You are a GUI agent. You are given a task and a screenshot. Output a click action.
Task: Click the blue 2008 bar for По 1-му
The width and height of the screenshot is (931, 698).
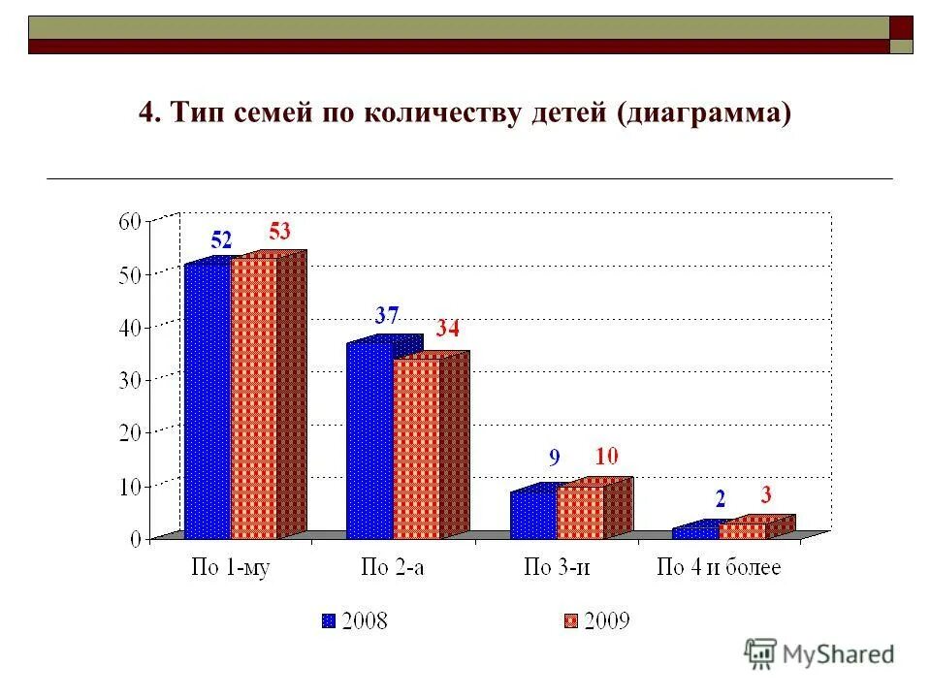tap(208, 400)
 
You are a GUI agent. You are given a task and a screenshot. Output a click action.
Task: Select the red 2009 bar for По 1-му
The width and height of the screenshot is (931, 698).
tap(254, 397)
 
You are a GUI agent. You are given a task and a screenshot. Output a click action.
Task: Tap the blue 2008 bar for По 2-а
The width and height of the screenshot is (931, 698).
tap(369, 441)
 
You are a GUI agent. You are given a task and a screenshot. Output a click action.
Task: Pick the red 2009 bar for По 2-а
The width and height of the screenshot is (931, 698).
tap(416, 449)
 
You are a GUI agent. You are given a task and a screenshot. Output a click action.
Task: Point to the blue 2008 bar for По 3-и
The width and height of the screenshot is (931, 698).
tap(533, 515)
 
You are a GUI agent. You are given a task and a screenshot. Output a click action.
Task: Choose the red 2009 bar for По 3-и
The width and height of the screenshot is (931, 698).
tap(580, 512)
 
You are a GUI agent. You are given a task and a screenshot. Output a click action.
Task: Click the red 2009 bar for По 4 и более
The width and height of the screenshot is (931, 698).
tap(743, 530)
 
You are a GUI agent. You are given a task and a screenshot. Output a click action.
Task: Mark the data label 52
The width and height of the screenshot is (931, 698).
tap(221, 240)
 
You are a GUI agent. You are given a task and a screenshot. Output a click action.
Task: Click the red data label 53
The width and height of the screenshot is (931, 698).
tap(279, 232)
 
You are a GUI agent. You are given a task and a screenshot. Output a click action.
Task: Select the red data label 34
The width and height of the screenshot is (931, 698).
tap(446, 329)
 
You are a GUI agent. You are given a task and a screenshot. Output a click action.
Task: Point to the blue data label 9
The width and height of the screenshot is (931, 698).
tap(555, 457)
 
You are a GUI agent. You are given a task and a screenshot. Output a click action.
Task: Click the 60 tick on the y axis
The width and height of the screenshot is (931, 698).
tap(130, 222)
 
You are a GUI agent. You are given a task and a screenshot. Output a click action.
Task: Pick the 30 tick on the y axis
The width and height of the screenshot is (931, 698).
tap(130, 380)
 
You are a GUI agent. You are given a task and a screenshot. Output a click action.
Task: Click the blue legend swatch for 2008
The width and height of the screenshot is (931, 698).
tap(328, 620)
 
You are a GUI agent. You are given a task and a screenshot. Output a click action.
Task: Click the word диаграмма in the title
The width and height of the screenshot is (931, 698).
tap(702, 112)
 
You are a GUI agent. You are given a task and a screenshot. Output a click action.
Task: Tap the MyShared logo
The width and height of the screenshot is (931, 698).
tap(819, 654)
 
